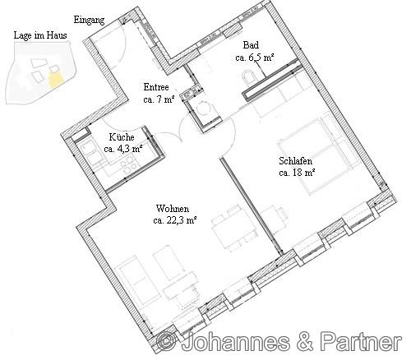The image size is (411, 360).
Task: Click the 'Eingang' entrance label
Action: (89, 21)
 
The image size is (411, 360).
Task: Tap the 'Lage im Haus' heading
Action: (40, 35)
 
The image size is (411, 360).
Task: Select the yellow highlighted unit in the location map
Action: (56, 79)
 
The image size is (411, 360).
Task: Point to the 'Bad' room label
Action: (251, 45)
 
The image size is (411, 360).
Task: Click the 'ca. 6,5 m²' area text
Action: (255, 58)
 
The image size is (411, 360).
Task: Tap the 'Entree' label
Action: (156, 87)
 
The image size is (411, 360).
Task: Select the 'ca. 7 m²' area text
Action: (159, 99)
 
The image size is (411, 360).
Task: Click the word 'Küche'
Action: (122, 136)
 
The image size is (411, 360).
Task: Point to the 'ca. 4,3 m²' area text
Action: (123, 149)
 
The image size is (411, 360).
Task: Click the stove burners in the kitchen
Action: (128, 165)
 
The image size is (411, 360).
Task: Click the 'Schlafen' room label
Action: (296, 161)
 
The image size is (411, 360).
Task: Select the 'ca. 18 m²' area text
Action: (297, 173)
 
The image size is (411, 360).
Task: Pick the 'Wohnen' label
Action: (173, 209)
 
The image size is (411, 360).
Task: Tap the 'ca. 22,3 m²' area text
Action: (175, 221)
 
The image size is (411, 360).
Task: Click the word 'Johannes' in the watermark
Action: (235, 342)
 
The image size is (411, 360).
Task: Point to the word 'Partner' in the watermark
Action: (362, 341)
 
